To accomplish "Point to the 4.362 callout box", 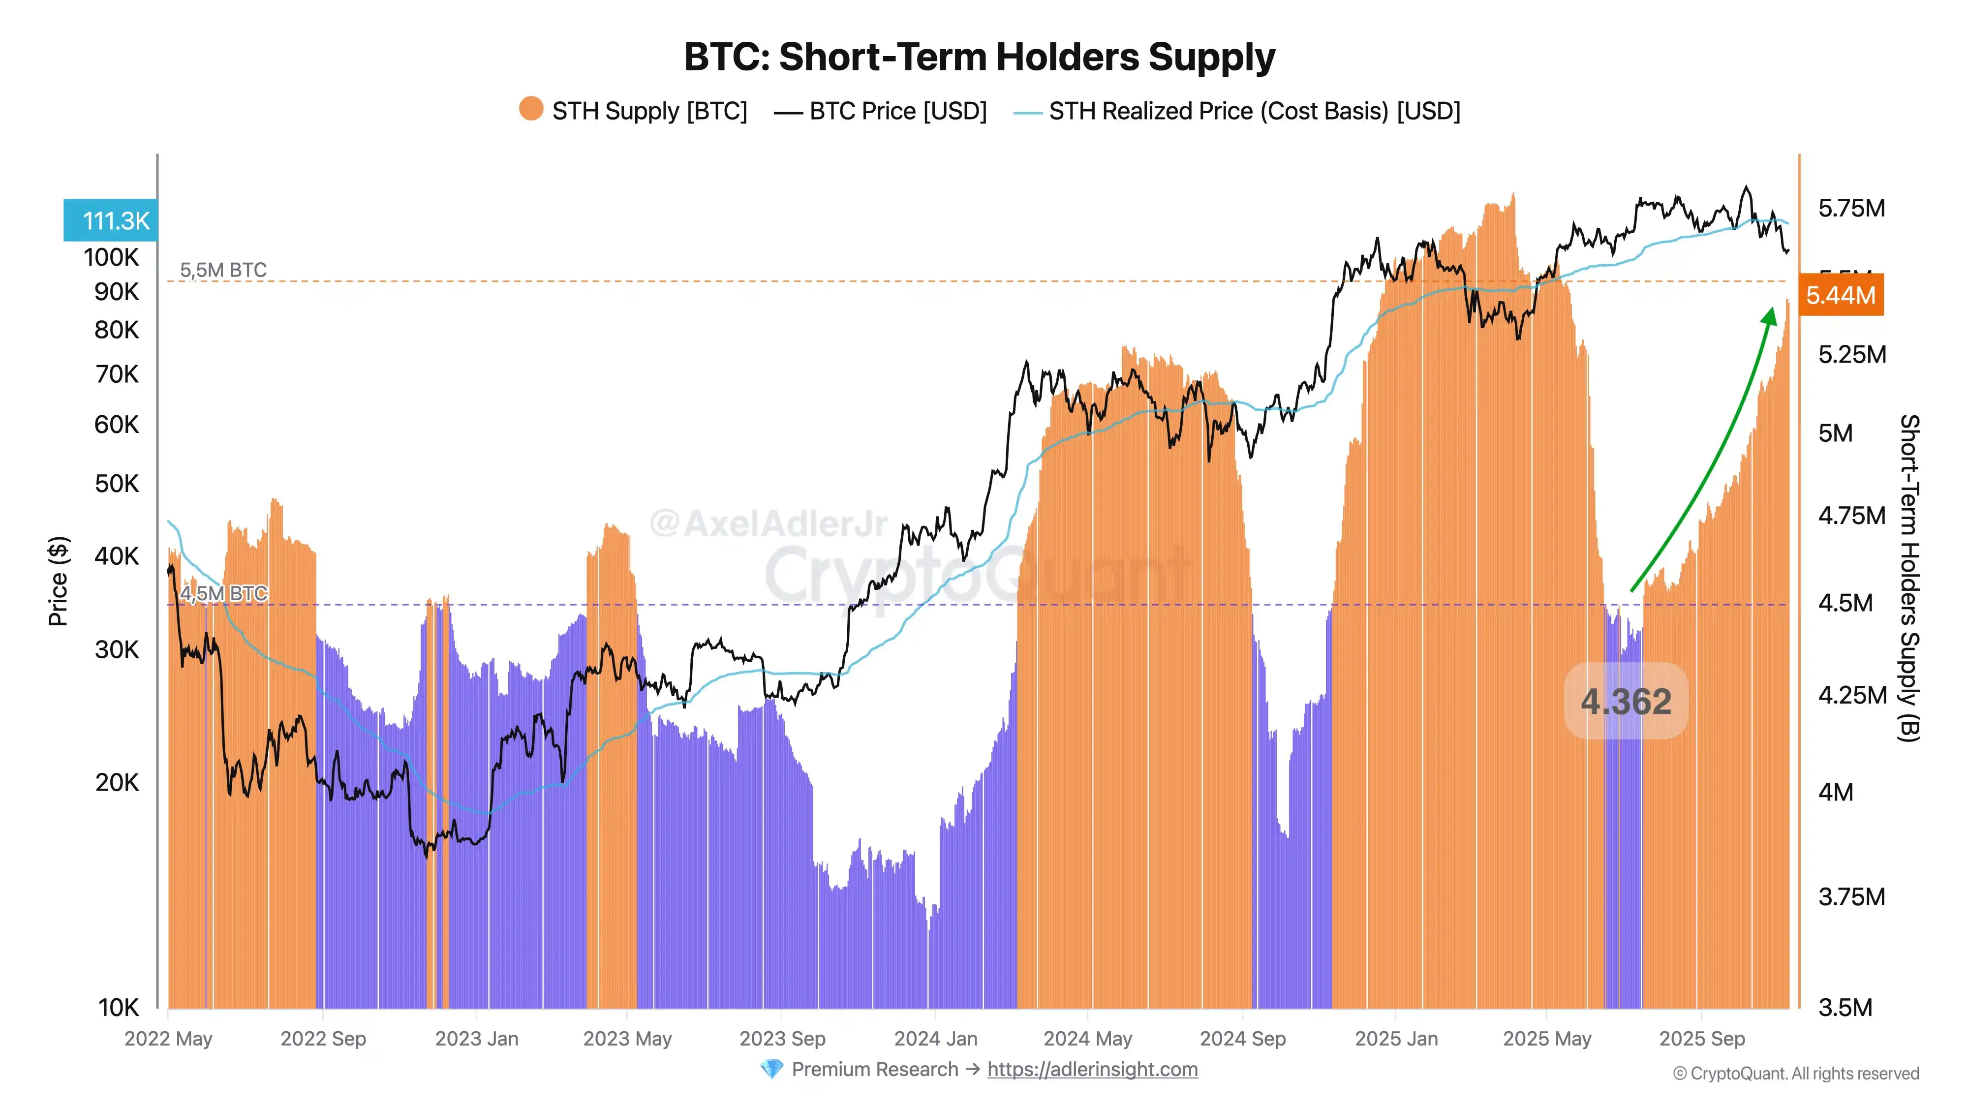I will (x=1626, y=701).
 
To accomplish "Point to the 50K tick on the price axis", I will (x=117, y=484).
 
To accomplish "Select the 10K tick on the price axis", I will (x=119, y=1008).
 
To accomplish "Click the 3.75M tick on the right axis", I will (x=1851, y=897).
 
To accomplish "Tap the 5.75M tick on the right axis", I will (x=1851, y=208).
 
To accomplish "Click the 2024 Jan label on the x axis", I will (x=935, y=1039).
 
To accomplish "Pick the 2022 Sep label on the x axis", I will (x=323, y=1039).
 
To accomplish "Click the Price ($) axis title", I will (x=58, y=581).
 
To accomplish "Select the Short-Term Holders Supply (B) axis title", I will (x=1908, y=578).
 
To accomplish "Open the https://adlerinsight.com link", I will (x=1092, y=1070).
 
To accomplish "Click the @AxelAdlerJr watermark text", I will (x=768, y=523).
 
